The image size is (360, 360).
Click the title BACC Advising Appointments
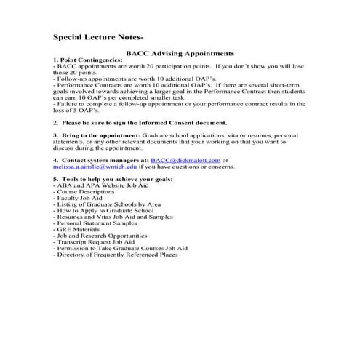click(x=180, y=53)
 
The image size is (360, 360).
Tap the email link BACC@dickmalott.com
click(x=185, y=160)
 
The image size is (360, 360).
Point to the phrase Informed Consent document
click(x=187, y=123)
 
